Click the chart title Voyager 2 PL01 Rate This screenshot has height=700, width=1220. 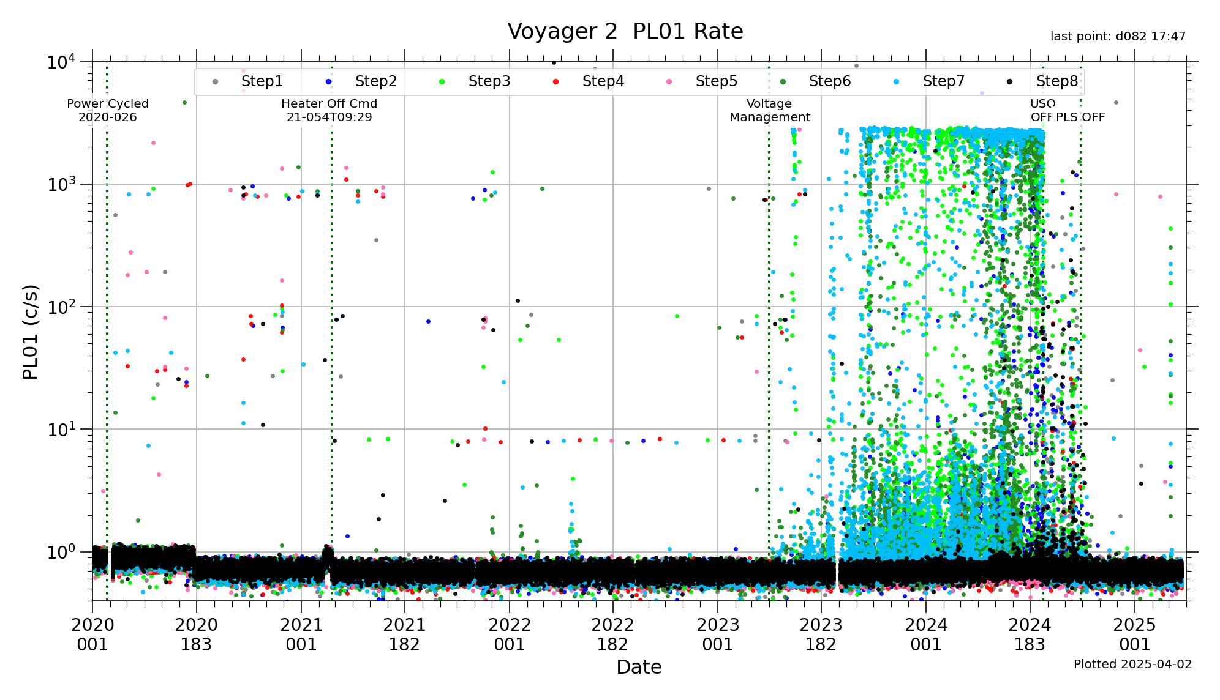coord(625,31)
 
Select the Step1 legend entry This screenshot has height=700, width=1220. coord(262,81)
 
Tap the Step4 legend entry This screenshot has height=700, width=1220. coord(603,81)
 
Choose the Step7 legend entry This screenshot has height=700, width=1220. coord(943,81)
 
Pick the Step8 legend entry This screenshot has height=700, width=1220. coord(1056,81)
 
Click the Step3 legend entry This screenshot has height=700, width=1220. coord(489,81)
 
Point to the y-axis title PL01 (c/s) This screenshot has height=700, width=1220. coord(31,332)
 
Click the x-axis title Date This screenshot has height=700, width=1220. coord(639,667)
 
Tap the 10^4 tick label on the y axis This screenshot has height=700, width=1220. coord(61,62)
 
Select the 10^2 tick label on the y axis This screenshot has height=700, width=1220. coord(61,307)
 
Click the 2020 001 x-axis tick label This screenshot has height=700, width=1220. coord(92,635)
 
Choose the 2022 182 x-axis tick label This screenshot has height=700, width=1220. coord(612,635)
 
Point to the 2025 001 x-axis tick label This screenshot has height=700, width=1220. coord(1134,635)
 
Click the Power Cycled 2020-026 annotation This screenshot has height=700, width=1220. coord(108,110)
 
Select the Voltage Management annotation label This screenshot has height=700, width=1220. coord(769,110)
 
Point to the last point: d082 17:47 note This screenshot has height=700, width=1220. coord(1118,37)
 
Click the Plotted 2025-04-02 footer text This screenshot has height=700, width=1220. coord(1132,665)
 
